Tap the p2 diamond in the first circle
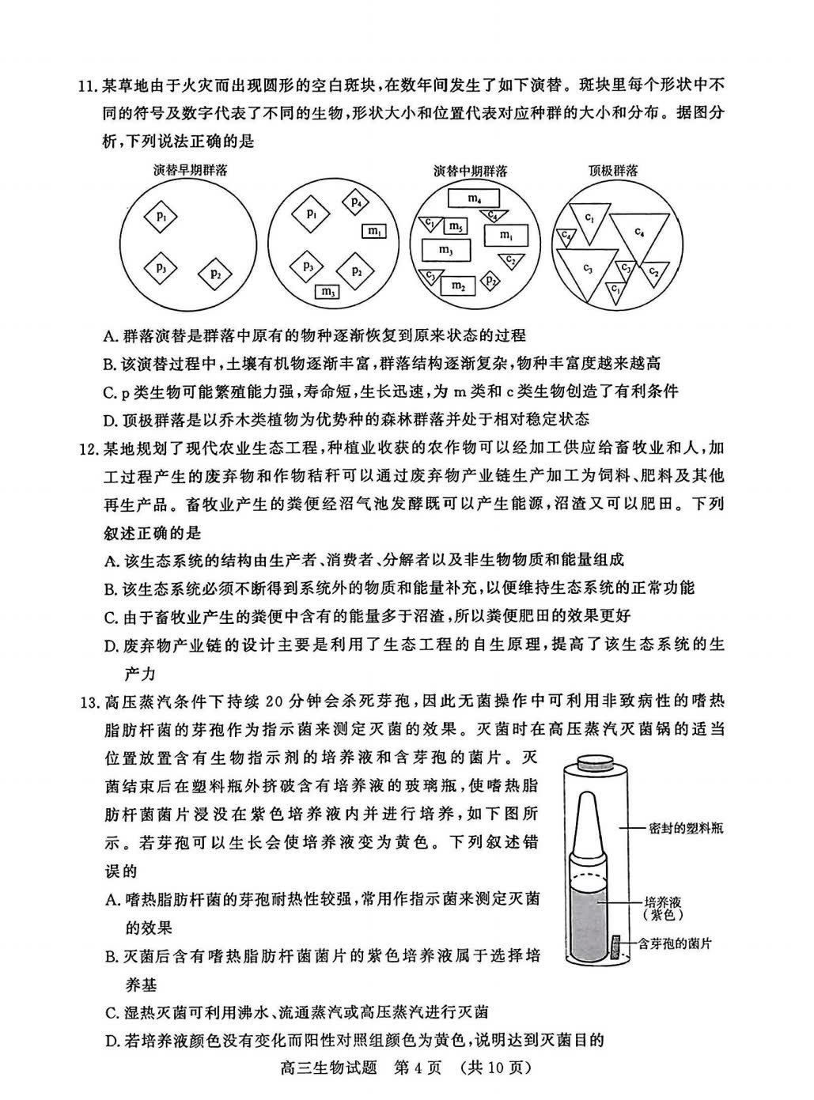point(215,274)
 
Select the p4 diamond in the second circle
point(356,202)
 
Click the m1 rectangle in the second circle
point(374,231)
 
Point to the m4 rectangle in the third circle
point(472,198)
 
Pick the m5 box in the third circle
point(454,227)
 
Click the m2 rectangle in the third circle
point(458,285)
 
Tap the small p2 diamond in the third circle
point(491,280)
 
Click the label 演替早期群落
point(190,170)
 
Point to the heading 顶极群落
point(613,170)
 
